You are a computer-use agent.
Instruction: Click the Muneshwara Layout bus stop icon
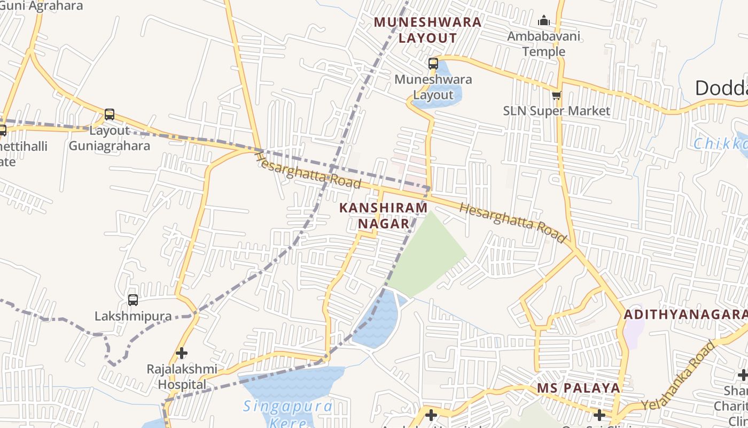433,64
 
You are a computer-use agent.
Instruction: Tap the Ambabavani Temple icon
544,21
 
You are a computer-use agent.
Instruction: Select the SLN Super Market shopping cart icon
556,96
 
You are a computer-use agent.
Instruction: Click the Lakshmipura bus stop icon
133,300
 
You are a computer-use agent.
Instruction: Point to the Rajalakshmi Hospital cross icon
182,353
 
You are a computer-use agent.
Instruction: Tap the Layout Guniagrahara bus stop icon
110,114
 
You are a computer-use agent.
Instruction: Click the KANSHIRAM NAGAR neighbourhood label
384,215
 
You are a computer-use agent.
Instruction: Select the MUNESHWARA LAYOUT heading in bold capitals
427,30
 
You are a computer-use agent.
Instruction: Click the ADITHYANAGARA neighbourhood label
685,314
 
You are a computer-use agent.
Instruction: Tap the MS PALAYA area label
579,388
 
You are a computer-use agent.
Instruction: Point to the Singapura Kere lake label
287,414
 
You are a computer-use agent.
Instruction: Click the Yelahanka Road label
679,376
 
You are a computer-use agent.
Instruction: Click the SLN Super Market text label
556,111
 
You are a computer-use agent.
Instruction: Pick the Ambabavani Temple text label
543,44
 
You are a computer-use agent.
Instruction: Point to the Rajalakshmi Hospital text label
182,377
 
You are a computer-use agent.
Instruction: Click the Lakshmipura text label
133,316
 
